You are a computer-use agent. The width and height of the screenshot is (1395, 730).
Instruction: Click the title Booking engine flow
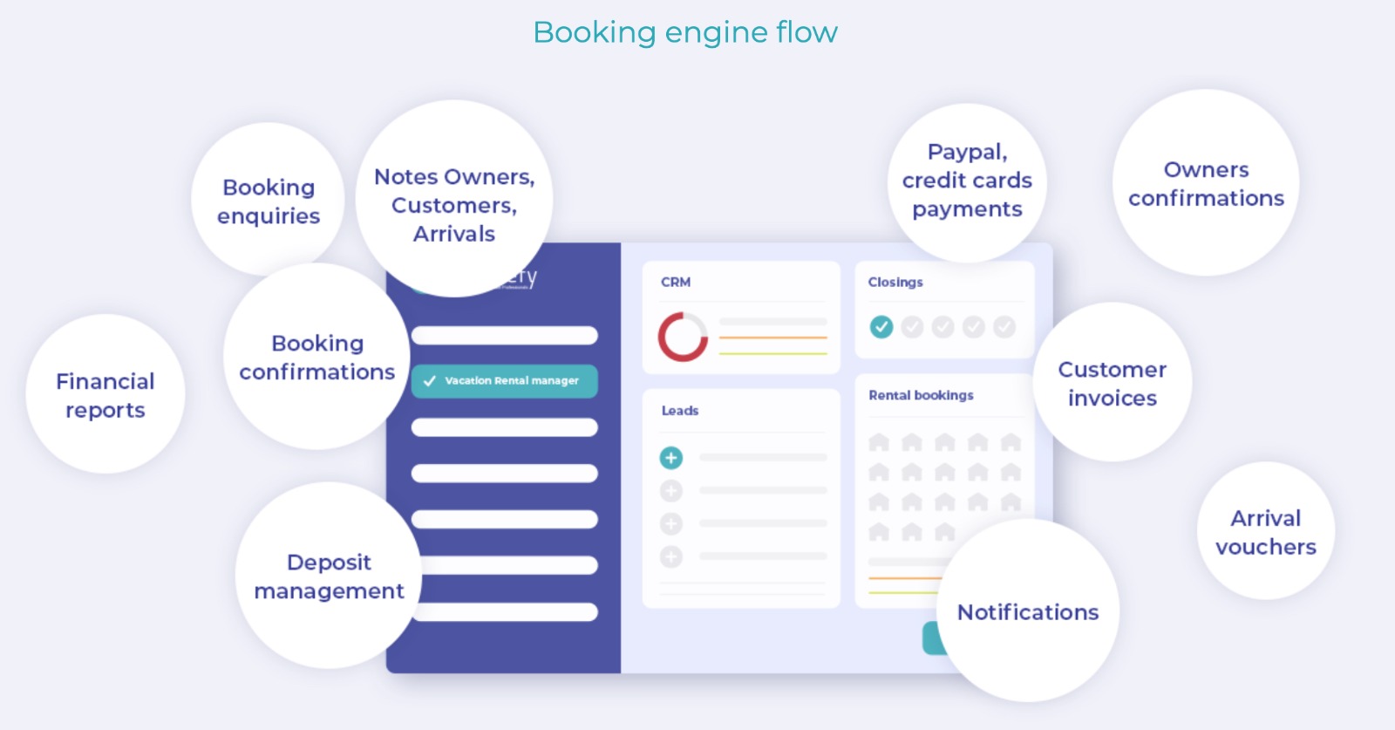point(685,32)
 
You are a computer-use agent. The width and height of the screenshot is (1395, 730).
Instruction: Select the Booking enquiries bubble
point(269,201)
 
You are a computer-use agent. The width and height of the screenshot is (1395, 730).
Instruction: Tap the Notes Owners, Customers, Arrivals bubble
point(453,204)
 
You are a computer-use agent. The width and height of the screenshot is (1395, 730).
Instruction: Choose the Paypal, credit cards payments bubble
point(967,181)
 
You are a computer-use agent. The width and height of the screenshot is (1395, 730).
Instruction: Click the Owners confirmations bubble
point(1206,183)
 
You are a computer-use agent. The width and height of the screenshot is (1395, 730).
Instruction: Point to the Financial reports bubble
point(105,395)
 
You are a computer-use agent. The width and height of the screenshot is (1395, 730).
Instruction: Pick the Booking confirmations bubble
point(316,357)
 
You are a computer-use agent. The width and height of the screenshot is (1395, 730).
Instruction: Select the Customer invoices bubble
point(1112,383)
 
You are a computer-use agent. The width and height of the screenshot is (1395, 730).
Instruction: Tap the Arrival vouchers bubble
point(1266,532)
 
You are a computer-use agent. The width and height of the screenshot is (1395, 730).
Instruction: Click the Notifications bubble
point(1028,612)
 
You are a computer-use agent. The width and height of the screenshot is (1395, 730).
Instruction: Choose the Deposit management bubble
point(329,576)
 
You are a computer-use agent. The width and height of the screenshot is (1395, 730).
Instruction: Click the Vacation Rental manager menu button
point(505,381)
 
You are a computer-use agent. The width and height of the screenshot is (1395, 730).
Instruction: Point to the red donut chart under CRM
point(683,337)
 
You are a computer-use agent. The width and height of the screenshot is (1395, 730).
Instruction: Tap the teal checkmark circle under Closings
point(881,327)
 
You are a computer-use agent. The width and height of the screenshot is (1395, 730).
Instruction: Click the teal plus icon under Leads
point(671,458)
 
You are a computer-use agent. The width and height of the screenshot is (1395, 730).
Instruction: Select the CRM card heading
point(676,283)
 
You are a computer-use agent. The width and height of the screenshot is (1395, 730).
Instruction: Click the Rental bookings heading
point(921,395)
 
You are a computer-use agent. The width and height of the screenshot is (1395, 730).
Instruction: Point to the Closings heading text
point(895,283)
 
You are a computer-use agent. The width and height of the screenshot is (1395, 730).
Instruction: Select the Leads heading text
point(680,411)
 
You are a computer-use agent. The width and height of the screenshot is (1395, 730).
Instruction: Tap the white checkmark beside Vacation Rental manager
point(430,381)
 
